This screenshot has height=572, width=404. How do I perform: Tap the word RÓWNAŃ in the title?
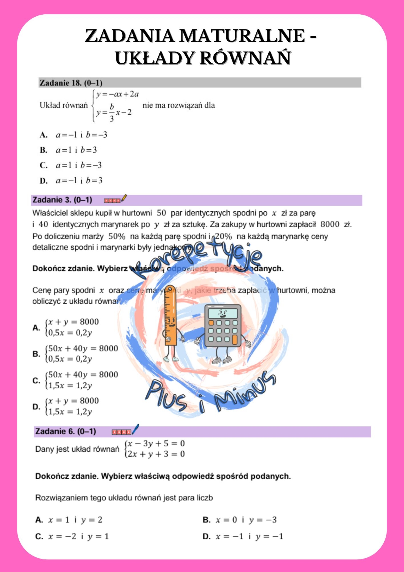pos(245,58)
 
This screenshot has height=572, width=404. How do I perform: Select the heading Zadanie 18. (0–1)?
pos(71,83)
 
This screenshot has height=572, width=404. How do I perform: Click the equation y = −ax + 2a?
pos(117,94)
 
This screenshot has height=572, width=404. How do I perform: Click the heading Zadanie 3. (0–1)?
pos(62,200)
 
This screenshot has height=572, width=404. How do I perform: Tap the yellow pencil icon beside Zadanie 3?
pos(124,198)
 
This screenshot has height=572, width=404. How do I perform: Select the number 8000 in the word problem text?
pos(330,224)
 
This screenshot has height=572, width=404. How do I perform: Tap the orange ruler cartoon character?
pos(171,320)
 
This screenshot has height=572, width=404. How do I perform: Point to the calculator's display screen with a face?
pos(223,313)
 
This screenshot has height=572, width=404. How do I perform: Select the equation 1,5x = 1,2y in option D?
pos(70,412)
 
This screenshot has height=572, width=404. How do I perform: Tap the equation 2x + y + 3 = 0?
pos(156,454)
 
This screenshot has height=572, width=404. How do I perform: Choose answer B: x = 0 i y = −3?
pos(240,520)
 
